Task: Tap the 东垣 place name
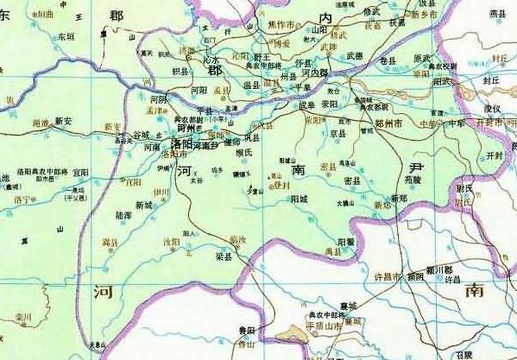66,37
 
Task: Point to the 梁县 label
224,256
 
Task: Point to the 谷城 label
141,135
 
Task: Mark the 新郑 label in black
398,199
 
